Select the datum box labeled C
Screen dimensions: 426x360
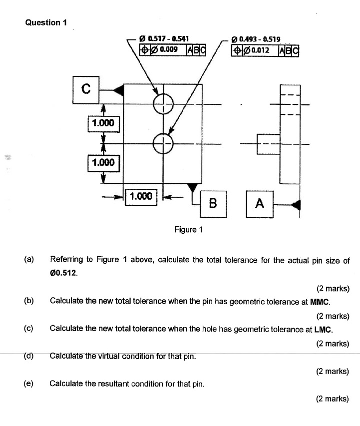pyautogui.click(x=86, y=89)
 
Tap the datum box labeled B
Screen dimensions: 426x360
pyautogui.click(x=213, y=203)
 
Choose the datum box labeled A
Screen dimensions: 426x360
pyautogui.click(x=259, y=203)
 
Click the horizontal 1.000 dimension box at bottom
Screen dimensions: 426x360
pyautogui.click(x=140, y=196)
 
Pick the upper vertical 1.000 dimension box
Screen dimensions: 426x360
pyautogui.click(x=103, y=123)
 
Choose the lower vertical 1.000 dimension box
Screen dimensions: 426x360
pyautogui.click(x=103, y=162)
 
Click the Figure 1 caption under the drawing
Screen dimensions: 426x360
pyautogui.click(x=188, y=230)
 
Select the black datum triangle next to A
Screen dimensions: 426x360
pyautogui.click(x=296, y=204)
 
